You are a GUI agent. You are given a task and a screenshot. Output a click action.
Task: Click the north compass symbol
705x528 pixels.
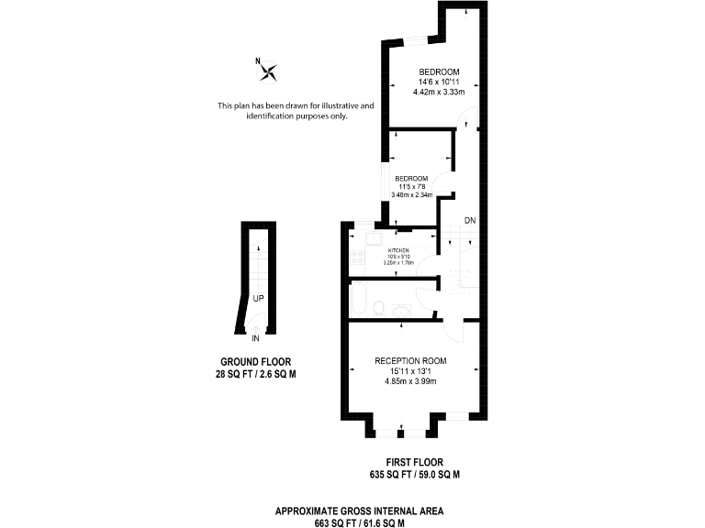tap(270, 71)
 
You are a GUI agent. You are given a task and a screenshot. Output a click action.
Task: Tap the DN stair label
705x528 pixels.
tap(469, 221)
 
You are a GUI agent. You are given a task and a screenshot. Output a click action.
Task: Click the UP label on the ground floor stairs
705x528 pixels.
tap(259, 299)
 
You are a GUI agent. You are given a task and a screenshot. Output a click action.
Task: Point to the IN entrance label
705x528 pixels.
tap(255, 337)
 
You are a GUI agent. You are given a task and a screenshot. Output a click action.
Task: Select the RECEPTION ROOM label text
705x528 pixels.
tap(410, 361)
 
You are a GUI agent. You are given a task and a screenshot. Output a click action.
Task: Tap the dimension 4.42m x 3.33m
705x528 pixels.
tap(440, 93)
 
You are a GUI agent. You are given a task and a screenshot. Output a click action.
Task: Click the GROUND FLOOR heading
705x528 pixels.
tap(255, 361)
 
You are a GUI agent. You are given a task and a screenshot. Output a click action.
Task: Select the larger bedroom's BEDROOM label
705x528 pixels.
tap(440, 72)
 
